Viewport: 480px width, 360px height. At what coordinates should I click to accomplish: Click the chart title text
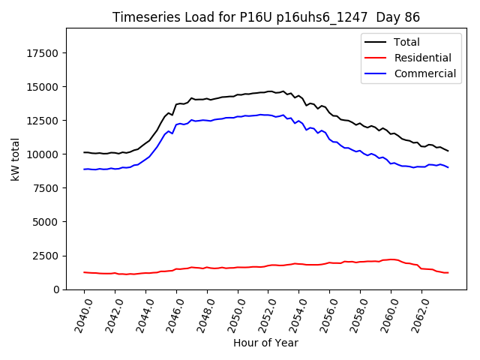[266, 17]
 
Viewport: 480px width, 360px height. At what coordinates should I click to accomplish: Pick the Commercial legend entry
[424, 73]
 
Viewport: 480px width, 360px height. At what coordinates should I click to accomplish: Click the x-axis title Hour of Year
[265, 343]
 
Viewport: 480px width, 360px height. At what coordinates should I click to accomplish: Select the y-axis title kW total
[16, 159]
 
